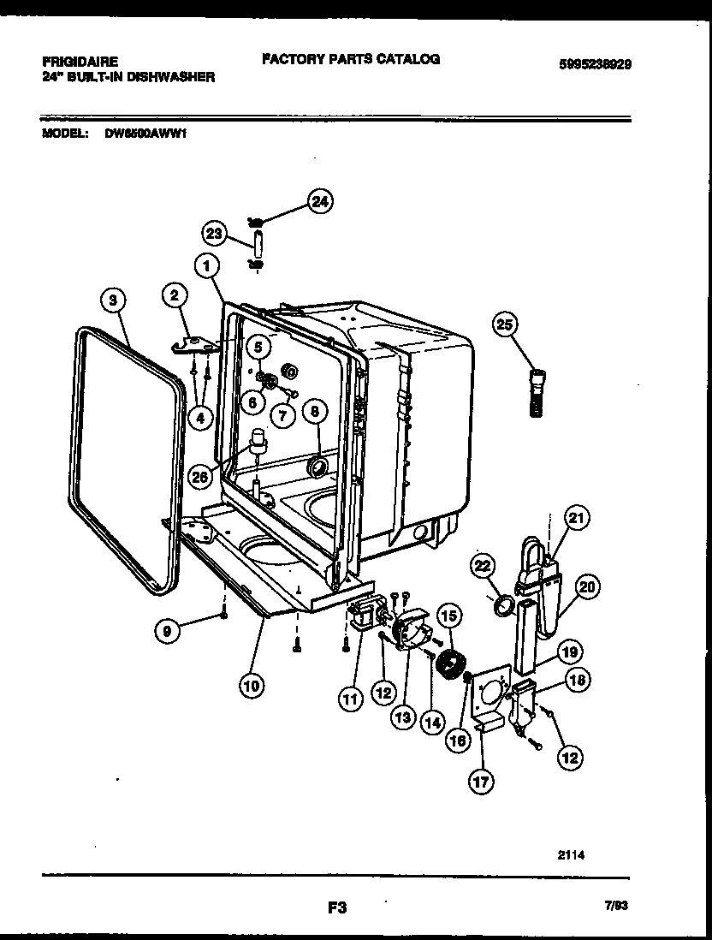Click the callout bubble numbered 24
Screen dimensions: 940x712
click(x=319, y=202)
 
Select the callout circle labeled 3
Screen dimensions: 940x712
click(x=113, y=300)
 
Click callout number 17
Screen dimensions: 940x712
click(x=481, y=781)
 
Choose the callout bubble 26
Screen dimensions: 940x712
click(x=199, y=477)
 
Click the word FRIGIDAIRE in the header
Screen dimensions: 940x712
click(x=80, y=62)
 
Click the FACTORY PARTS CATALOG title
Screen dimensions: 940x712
click(x=351, y=59)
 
